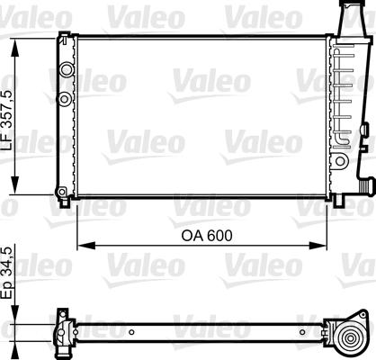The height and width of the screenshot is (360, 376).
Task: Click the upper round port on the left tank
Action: pyautogui.click(x=65, y=68)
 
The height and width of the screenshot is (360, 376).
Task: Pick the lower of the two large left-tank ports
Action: pyautogui.click(x=65, y=97)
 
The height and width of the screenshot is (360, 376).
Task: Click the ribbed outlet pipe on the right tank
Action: pyautogui.click(x=362, y=184)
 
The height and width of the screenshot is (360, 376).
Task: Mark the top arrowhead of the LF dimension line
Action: pyautogui.click(x=13, y=40)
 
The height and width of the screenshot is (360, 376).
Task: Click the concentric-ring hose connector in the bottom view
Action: pyautogui.click(x=345, y=336)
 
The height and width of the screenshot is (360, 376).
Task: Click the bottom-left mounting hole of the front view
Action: pyautogui.click(x=61, y=192)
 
